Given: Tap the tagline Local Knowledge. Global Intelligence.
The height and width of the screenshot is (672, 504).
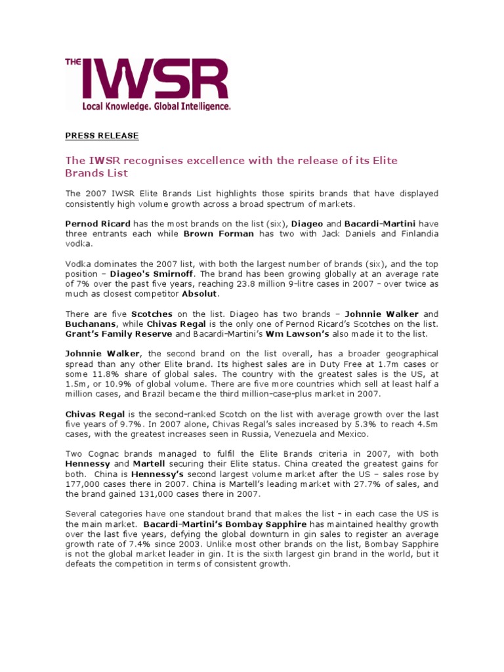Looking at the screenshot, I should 156,106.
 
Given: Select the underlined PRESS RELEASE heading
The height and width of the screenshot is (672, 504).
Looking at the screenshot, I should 102,136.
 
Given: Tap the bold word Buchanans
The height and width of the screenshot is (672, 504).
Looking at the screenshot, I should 91,324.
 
